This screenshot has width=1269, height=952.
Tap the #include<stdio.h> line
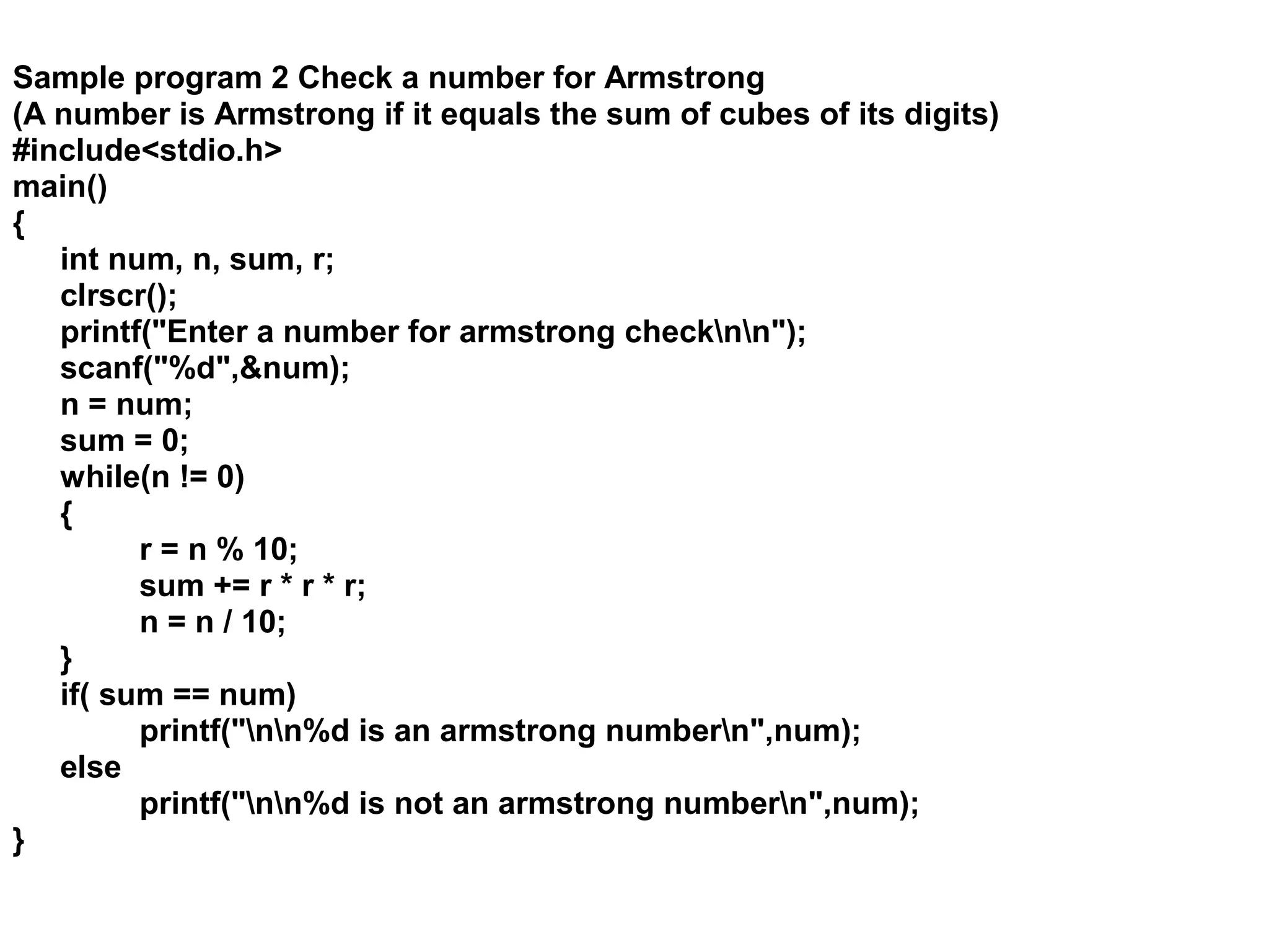[x=147, y=151]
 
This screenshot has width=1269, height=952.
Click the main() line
[x=59, y=187]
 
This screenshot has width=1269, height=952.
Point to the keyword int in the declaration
[x=79, y=259]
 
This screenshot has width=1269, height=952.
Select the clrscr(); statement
[x=118, y=296]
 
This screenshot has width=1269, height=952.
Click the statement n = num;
[x=126, y=405]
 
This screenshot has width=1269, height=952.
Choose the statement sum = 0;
[x=124, y=441]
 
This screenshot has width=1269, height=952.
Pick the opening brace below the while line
[x=66, y=514]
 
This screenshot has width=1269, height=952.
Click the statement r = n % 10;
[x=218, y=550]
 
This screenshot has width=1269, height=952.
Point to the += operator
[x=232, y=586]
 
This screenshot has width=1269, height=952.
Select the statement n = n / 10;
[x=213, y=622]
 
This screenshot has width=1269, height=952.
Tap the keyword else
[x=90, y=768]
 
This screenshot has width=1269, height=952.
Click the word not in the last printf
[x=418, y=804]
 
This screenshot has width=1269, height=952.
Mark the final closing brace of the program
[x=19, y=842]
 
